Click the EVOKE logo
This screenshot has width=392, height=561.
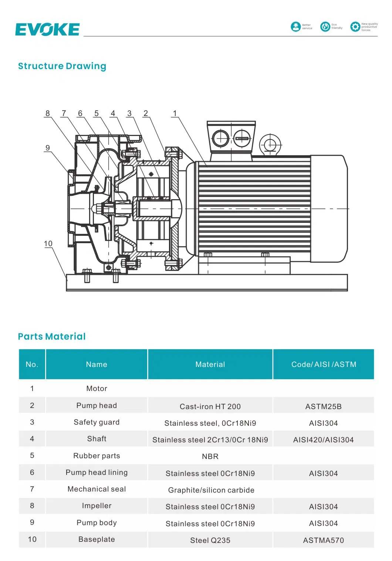47,30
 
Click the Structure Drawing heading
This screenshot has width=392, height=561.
62,66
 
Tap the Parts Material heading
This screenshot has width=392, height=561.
52,336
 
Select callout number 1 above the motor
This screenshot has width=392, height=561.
175,113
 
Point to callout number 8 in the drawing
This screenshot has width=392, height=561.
47,113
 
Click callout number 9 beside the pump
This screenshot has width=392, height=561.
47,148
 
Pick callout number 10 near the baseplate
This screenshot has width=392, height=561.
48,244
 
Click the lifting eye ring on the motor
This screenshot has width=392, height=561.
270,144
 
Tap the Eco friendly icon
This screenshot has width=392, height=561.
325,27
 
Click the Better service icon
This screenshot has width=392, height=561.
296,27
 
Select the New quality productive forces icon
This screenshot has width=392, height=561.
355,27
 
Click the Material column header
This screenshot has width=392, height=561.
210,364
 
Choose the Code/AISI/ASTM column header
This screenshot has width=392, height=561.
324,364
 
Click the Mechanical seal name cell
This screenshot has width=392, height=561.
97,489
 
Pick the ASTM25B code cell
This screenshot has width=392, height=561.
324,407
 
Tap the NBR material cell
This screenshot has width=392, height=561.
210,456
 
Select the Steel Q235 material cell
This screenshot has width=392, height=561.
210,540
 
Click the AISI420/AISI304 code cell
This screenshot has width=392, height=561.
324,440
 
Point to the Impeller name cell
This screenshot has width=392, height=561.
97,506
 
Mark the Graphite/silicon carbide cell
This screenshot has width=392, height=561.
211,490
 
